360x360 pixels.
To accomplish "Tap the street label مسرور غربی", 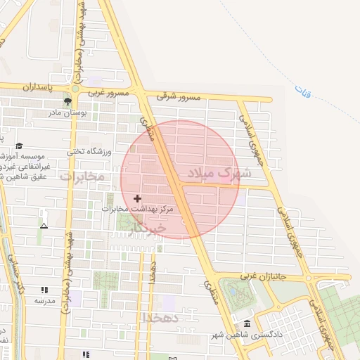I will click(x=109, y=93).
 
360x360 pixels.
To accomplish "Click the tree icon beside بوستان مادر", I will click(x=67, y=103).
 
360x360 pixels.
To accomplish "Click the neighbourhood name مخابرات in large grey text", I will click(x=82, y=176).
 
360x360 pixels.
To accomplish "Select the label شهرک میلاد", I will click(x=214, y=172).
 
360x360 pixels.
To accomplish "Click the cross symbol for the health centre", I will click(x=137, y=199).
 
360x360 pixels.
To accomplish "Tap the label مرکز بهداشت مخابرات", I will click(x=136, y=209).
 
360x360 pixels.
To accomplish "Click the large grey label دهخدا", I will click(x=162, y=318).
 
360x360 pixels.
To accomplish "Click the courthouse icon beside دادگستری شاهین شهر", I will click(x=247, y=323).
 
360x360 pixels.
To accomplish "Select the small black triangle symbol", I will click(x=44, y=226).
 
